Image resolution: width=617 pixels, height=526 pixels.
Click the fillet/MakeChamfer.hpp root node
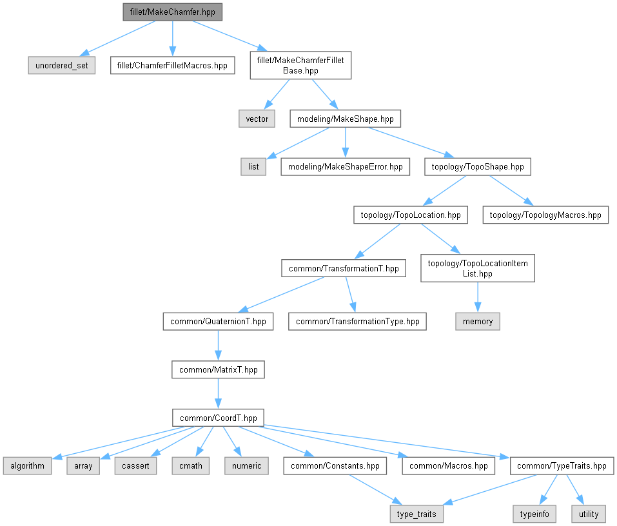coord(172,12)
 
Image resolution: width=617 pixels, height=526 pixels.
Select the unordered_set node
coord(62,65)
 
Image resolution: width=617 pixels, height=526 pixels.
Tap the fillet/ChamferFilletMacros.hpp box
coord(172,65)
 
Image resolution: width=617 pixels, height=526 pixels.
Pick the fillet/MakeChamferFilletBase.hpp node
coord(300,65)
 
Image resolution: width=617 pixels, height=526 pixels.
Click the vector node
coord(257,119)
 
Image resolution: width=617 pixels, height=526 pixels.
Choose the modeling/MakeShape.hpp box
coord(346,119)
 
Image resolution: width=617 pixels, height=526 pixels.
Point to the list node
coord(253,166)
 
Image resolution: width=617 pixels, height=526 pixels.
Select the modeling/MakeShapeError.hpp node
coord(346,166)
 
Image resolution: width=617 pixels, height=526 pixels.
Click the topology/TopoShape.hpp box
coord(478,166)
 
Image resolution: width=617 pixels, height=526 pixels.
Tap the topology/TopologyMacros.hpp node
coord(545,215)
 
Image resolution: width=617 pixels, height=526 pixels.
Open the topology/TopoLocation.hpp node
coord(411,215)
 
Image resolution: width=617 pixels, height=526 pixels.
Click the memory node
coord(478,321)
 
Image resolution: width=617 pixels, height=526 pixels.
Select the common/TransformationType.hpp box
coord(357,321)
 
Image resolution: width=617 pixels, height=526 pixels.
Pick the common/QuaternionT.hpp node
coord(218,321)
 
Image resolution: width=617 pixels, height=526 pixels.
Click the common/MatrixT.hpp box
coord(218,369)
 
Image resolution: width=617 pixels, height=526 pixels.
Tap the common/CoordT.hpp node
coord(218,418)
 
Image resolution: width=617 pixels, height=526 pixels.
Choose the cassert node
coord(135,465)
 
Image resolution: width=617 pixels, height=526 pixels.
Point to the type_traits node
coord(416,514)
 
